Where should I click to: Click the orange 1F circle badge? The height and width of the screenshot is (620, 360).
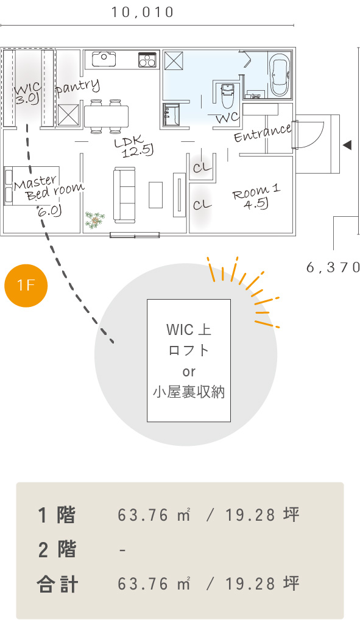26,285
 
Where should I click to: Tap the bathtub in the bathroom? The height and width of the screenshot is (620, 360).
280,74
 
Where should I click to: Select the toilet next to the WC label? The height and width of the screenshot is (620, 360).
227,95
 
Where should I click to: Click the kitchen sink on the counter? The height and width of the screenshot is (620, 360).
104,59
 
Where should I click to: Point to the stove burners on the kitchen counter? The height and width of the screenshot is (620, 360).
147,60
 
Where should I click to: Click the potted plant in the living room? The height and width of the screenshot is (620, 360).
95,219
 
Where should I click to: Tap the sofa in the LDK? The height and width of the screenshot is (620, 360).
124,195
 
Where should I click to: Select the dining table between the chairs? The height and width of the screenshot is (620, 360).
106,116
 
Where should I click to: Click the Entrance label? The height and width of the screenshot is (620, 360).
263,132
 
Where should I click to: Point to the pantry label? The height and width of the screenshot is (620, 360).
77,87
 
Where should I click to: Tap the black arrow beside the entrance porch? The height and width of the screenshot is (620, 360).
347,145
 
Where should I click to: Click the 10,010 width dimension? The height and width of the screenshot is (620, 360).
143,12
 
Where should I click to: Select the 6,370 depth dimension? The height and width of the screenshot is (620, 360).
333,267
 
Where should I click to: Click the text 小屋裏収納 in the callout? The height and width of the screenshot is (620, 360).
189,392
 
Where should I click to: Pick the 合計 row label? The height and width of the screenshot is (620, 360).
57,584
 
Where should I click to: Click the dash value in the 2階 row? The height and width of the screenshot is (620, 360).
122,551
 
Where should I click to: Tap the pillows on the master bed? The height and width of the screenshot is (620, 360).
9,186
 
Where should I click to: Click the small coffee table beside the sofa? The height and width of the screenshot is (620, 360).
156,195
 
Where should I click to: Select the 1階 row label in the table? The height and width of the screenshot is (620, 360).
56,515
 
